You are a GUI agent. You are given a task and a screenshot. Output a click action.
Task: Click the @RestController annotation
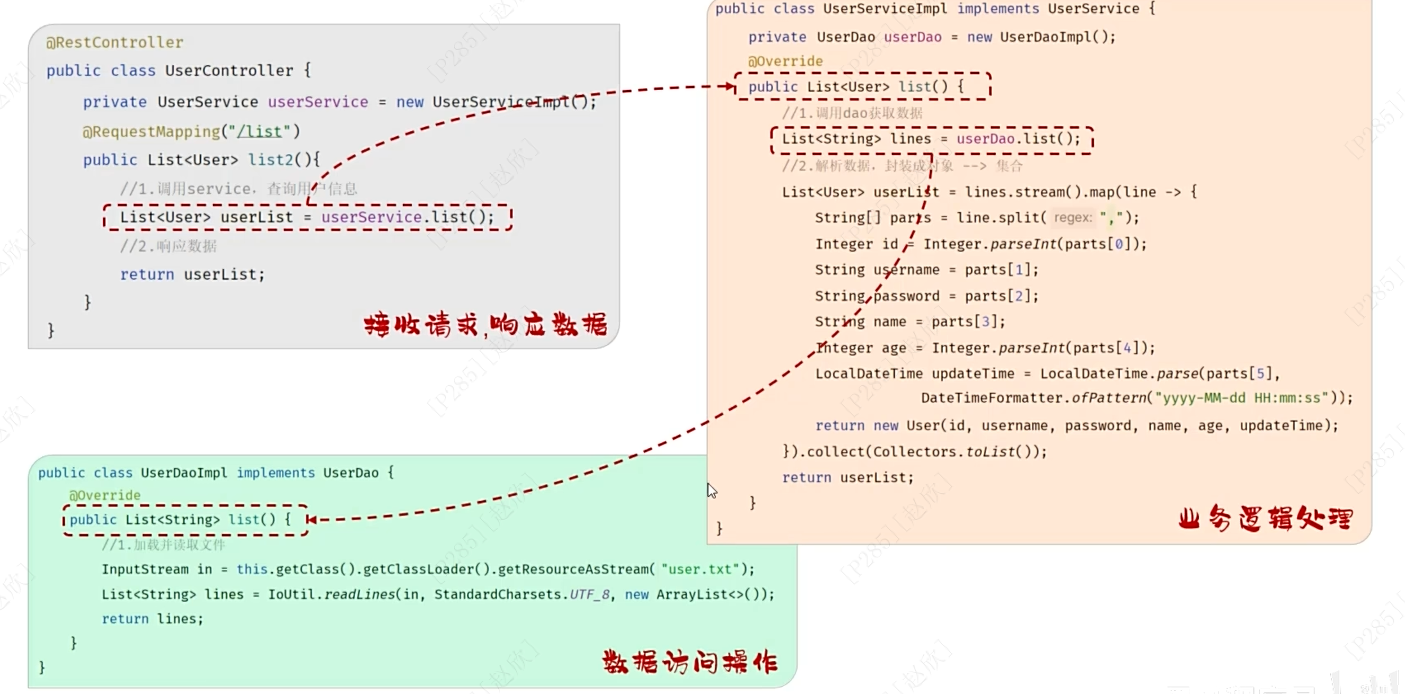click(114, 42)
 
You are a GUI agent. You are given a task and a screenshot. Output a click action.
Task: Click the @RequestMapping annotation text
click(151, 131)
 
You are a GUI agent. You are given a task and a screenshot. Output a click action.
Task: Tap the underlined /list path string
click(259, 131)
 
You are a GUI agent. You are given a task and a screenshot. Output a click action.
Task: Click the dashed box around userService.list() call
click(307, 217)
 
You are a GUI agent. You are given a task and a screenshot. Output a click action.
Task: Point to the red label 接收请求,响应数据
click(485, 325)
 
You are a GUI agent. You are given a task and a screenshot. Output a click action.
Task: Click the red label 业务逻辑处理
click(1265, 518)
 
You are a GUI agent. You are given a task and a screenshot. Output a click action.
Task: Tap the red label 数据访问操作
click(690, 662)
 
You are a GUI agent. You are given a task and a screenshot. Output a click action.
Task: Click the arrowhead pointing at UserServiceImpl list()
click(731, 86)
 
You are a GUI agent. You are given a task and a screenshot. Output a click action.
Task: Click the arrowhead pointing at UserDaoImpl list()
click(311, 519)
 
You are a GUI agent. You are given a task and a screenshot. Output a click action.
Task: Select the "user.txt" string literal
click(700, 569)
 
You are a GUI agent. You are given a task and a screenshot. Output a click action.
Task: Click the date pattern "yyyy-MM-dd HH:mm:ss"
click(1241, 398)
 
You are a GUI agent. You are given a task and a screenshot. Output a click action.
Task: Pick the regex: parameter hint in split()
click(1072, 217)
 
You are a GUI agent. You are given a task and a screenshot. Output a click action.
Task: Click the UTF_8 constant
click(589, 594)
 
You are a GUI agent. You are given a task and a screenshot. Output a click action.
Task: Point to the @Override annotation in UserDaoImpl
click(104, 495)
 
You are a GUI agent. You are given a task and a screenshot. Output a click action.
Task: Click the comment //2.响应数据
click(168, 246)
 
